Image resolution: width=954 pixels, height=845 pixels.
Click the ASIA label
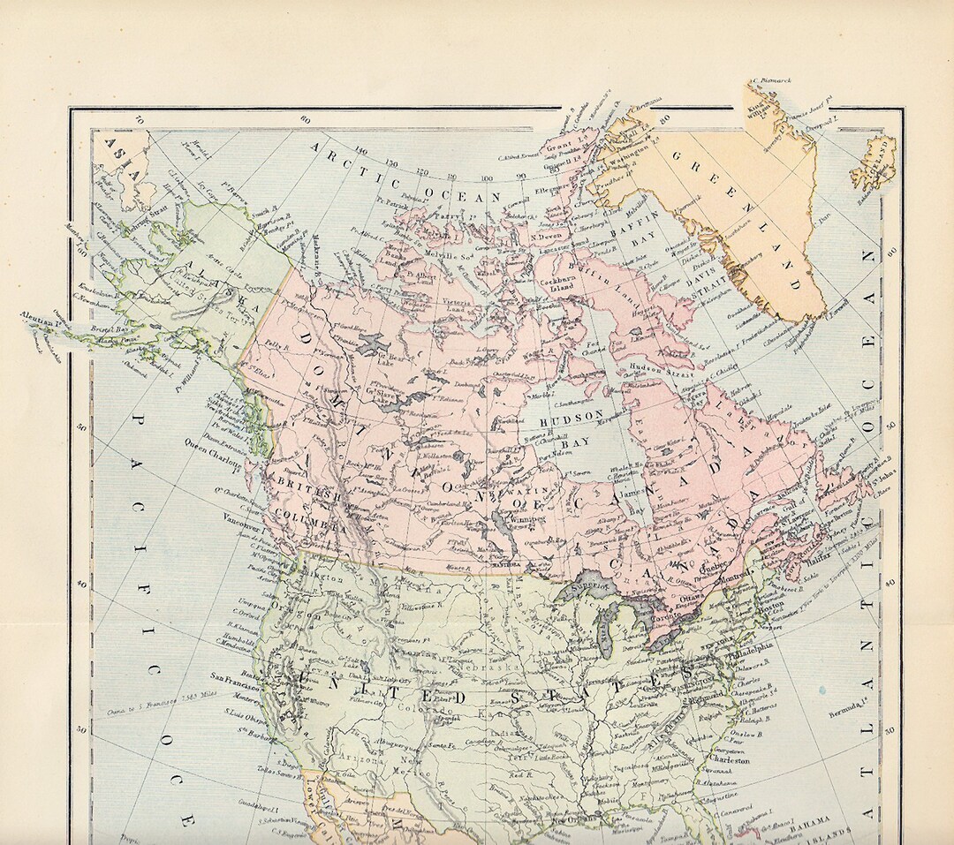point(121,156)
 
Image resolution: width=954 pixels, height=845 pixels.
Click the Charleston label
point(727,759)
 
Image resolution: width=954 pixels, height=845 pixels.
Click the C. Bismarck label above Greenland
point(770,80)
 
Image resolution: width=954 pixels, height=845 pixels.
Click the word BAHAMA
point(810,819)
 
